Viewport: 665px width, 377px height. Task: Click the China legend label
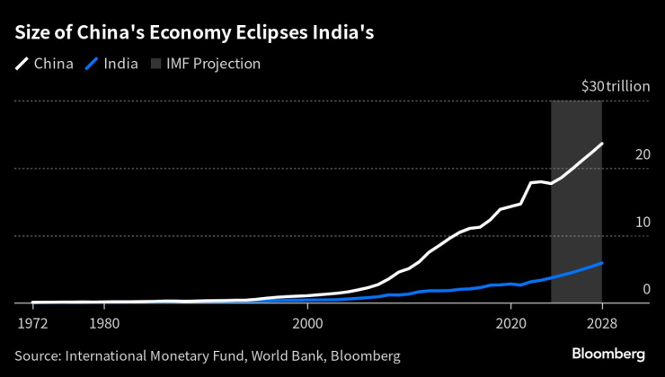pos(55,65)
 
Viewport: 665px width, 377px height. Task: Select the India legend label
pos(120,65)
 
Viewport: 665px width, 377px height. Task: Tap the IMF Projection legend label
pos(213,65)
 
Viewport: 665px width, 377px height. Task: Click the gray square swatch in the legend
pos(155,65)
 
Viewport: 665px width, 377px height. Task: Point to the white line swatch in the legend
pos(22,65)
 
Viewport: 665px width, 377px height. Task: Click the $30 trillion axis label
pos(616,87)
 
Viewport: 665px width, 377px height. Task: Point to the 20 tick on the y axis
pos(642,155)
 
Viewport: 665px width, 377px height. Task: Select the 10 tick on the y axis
pos(642,223)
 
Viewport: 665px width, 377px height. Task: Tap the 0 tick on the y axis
pos(645,289)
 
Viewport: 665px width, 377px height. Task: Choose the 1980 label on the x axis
pos(104,321)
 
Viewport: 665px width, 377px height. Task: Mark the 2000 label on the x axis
pos(307,321)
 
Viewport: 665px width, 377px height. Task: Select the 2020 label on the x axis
pos(510,321)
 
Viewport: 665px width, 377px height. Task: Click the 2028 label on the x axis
pos(601,321)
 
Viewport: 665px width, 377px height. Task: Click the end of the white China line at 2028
pos(601,144)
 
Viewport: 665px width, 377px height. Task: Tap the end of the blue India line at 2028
pos(601,263)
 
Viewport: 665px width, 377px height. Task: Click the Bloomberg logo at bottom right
pos(608,355)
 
